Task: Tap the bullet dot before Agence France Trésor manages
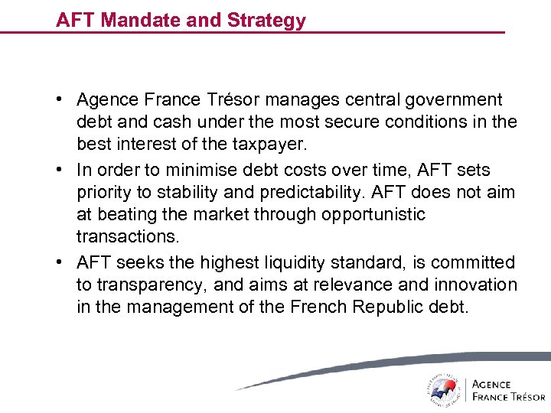tap(59, 100)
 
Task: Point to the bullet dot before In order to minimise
tap(59, 170)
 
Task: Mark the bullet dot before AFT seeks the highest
tap(59, 263)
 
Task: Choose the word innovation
tap(478, 285)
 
